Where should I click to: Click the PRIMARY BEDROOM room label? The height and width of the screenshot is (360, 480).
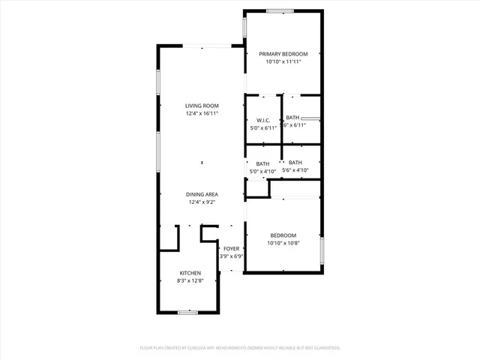click(283, 54)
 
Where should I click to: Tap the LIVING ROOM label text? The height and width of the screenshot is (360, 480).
click(202, 106)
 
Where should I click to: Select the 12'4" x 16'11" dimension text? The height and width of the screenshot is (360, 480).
click(202, 114)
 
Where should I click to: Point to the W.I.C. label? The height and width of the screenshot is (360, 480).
click(262, 120)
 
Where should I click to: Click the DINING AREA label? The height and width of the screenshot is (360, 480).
click(202, 194)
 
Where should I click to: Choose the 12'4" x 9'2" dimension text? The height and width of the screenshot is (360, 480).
click(202, 202)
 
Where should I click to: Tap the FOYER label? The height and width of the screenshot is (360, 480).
click(230, 248)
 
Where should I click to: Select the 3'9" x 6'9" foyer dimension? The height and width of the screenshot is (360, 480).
click(230, 256)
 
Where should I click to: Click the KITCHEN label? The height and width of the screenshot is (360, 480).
click(189, 272)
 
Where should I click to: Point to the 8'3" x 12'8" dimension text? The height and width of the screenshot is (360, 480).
click(189, 280)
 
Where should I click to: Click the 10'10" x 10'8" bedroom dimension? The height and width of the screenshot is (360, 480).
click(283, 243)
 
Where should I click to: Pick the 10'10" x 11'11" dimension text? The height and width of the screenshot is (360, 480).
click(283, 62)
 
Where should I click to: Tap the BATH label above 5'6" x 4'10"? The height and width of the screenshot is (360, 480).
click(295, 163)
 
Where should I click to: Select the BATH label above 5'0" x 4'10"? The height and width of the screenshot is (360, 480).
click(262, 163)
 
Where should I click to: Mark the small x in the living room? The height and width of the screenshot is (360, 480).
click(201, 163)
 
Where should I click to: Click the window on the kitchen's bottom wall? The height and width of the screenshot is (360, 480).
click(187, 312)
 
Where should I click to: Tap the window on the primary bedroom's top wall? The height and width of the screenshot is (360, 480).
click(280, 10)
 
